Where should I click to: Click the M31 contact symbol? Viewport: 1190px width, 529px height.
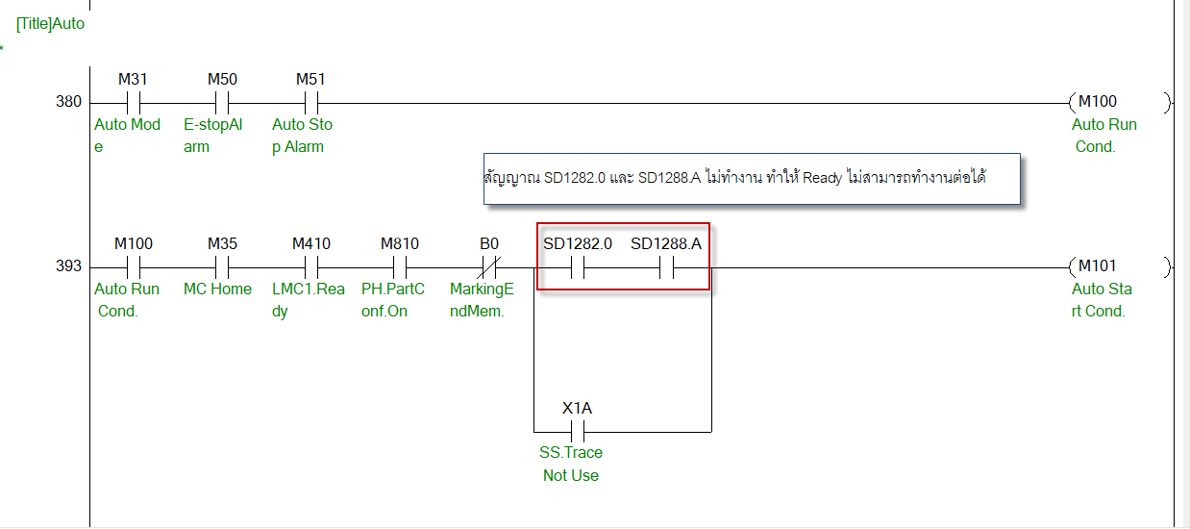point(134,103)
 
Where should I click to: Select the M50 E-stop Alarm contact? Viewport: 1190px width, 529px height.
point(222,103)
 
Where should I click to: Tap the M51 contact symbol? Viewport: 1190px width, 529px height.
point(310,103)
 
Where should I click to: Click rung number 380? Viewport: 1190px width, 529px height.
point(69,102)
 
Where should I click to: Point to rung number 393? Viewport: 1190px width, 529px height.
point(69,266)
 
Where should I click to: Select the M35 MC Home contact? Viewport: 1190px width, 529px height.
point(222,267)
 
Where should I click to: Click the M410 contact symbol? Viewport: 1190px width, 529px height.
point(310,267)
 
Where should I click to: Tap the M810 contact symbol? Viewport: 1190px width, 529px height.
point(400,267)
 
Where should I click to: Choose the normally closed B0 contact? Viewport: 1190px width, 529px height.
point(489,267)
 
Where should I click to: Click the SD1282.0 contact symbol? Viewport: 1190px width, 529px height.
point(578,267)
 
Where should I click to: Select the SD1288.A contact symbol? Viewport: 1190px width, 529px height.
point(666,267)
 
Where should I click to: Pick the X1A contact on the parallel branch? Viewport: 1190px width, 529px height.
point(577,431)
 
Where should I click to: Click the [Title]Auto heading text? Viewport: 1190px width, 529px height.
point(50,23)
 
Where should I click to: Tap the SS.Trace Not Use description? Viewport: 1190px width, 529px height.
point(572,464)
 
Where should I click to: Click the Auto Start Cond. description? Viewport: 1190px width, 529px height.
point(1102,299)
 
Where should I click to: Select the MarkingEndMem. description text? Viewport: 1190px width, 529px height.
point(482,299)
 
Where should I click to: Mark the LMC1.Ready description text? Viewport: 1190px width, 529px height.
point(308,299)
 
